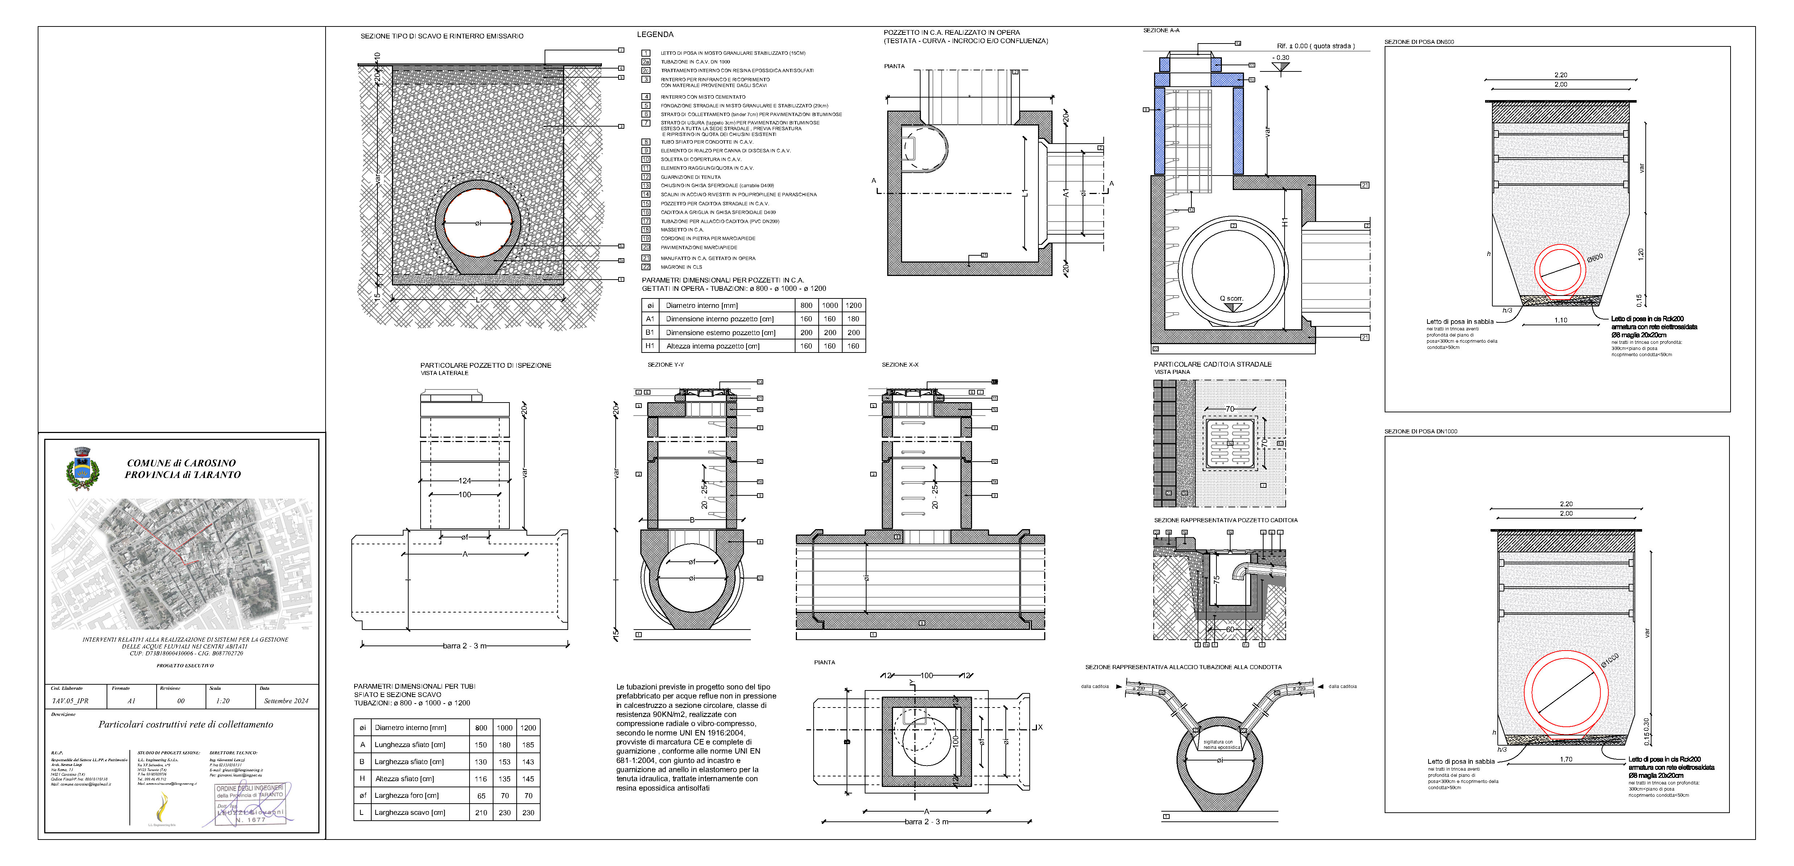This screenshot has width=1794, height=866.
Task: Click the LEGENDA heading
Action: [655, 34]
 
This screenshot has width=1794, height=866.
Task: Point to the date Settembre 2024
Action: [286, 701]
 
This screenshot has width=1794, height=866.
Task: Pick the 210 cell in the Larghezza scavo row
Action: [480, 812]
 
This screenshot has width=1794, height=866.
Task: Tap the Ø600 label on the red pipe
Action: [1595, 258]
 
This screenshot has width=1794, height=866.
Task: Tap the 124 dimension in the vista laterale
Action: [464, 481]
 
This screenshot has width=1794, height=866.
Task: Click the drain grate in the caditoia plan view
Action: [1229, 443]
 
